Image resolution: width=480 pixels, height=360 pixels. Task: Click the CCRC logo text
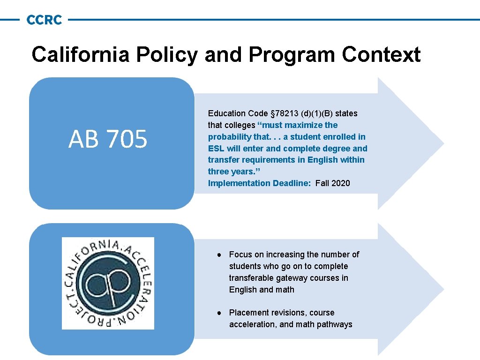[x=44, y=20]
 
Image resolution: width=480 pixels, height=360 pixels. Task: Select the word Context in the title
[x=381, y=54]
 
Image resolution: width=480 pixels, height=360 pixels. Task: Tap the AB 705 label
[x=108, y=139]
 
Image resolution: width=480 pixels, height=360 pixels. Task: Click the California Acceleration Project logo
[x=108, y=283]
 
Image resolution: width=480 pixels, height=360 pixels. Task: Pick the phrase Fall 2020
[x=333, y=183]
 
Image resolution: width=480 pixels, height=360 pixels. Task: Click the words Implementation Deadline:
[x=259, y=183]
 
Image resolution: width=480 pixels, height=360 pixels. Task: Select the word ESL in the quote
[x=217, y=149]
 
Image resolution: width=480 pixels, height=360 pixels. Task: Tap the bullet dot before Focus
[x=219, y=255]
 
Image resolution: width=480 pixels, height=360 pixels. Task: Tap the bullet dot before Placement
[x=219, y=313]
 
